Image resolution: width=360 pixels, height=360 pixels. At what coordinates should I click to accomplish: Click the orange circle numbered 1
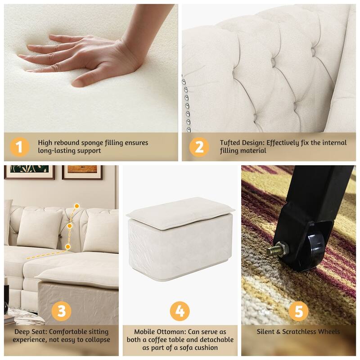[x=19, y=147]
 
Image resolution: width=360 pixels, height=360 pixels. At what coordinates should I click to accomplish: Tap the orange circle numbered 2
[x=199, y=147]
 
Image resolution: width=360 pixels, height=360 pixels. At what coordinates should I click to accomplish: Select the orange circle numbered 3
[x=61, y=311]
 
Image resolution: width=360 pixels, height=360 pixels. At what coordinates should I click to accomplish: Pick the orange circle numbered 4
[x=180, y=311]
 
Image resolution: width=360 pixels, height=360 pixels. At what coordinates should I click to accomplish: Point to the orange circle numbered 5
[x=298, y=311]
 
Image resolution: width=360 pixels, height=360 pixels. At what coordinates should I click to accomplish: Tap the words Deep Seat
[x=26, y=332]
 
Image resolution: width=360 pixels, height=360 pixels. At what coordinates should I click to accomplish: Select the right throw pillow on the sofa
[x=102, y=230]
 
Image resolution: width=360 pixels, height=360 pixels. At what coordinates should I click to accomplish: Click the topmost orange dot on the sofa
[x=77, y=206]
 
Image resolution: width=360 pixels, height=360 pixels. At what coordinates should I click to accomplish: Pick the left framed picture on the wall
[x=29, y=172]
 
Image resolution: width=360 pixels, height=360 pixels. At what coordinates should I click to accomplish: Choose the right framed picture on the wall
[x=82, y=172]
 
